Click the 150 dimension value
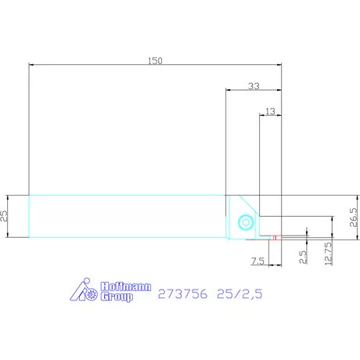point(155,61)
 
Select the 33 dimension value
point(254,86)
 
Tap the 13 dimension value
point(270,111)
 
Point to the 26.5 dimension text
point(354,217)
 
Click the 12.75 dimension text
point(329,254)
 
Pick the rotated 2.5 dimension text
point(303,257)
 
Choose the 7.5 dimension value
point(257,261)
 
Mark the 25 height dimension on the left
point(4,216)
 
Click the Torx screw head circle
point(246,222)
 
